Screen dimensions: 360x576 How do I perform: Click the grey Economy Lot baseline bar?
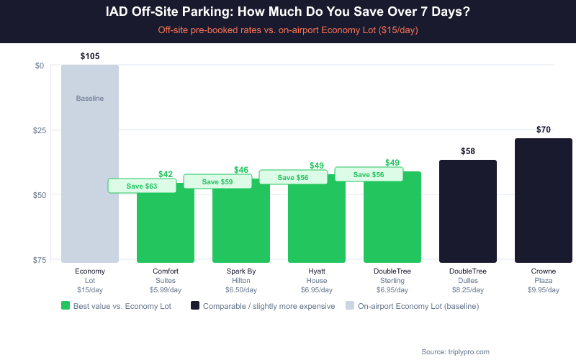click(x=90, y=180)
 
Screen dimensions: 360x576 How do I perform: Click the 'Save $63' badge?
click(x=142, y=186)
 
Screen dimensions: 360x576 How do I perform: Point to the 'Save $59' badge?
click(x=217, y=181)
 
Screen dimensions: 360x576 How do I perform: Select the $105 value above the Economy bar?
click(x=90, y=56)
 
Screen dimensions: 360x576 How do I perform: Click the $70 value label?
click(x=544, y=130)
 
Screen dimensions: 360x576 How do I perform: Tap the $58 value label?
click(x=468, y=151)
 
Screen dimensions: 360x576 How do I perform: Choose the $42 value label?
click(x=166, y=174)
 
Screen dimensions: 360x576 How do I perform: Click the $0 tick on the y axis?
click(x=40, y=66)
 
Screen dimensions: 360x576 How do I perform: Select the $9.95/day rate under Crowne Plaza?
click(x=544, y=290)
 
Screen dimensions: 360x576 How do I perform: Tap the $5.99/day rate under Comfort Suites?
click(x=166, y=290)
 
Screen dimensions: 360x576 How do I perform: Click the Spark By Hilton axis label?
click(x=241, y=276)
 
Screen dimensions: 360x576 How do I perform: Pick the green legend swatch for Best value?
click(x=66, y=306)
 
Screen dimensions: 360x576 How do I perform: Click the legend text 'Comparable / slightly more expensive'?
click(x=269, y=306)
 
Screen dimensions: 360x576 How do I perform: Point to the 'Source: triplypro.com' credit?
click(x=455, y=351)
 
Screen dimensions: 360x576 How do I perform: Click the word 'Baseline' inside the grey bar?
click(x=90, y=98)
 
